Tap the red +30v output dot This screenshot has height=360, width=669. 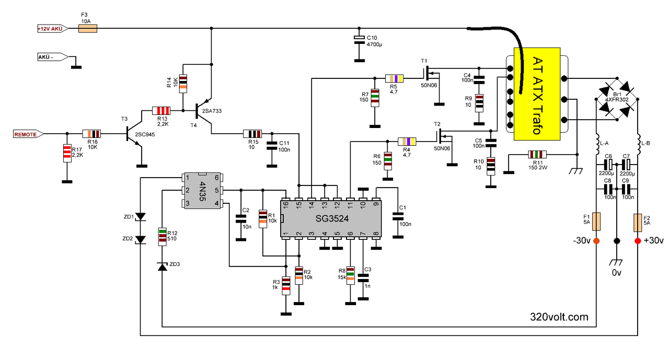(x=638, y=241)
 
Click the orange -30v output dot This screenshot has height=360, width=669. (x=596, y=241)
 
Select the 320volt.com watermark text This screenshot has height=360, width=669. (x=559, y=317)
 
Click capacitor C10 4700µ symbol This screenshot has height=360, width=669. (x=359, y=39)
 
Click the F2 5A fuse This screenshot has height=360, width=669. (x=638, y=223)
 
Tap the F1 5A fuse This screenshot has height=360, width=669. (x=596, y=222)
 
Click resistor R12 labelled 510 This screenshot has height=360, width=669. (x=162, y=237)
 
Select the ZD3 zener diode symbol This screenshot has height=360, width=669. (x=162, y=266)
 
